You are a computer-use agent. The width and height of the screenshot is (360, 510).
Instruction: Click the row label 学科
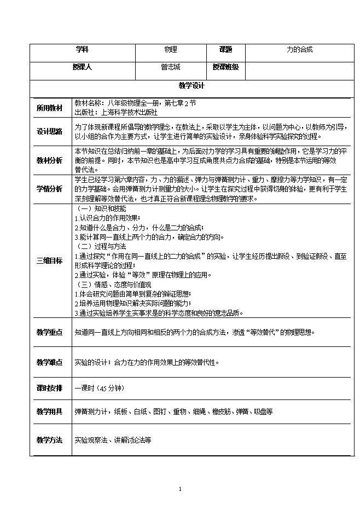tap(82, 49)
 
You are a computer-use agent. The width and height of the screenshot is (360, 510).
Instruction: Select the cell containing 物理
tap(171, 49)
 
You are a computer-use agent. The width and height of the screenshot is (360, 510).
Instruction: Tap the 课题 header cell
tap(225, 49)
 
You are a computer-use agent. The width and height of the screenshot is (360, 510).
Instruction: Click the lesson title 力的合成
tap(300, 49)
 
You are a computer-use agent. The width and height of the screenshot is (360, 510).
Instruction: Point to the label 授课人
tap(82, 67)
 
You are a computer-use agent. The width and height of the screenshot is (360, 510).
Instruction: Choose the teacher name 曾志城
tap(171, 67)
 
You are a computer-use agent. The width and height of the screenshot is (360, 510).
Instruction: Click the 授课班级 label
tap(225, 67)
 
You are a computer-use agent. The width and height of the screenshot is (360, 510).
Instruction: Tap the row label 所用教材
tap(49, 107)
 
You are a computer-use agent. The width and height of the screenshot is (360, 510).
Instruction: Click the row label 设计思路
tap(49, 131)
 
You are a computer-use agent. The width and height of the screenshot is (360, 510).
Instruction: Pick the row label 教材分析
tap(49, 160)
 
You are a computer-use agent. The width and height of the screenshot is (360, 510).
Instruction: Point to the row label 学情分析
tap(49, 189)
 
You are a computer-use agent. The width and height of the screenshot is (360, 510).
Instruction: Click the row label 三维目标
tap(49, 260)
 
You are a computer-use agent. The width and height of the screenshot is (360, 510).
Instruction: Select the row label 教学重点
tap(49, 332)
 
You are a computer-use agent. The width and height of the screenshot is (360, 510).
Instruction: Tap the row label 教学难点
tap(49, 362)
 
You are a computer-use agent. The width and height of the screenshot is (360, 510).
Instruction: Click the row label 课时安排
tap(49, 387)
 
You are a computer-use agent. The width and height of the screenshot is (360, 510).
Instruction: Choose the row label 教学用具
tap(49, 411)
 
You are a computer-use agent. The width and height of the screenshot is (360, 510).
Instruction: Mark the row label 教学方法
tap(49, 439)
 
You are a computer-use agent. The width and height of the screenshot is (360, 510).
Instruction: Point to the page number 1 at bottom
tap(180, 489)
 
